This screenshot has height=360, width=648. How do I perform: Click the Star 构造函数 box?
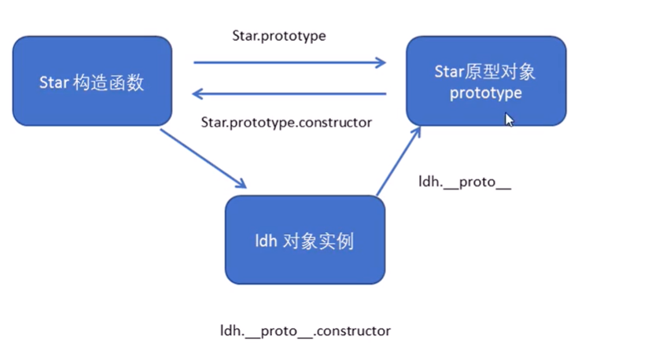92,82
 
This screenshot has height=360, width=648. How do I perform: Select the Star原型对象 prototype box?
485,82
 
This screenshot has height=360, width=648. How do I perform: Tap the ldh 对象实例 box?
304,240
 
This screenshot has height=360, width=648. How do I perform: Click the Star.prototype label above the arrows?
278,36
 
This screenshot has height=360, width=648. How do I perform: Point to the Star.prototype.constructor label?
286,122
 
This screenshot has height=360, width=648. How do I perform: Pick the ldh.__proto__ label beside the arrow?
465,182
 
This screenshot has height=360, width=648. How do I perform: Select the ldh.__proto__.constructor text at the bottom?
305,331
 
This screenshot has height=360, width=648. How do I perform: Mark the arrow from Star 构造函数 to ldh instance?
203,158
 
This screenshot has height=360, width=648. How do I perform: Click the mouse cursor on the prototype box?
509,119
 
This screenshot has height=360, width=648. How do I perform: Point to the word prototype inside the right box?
485,93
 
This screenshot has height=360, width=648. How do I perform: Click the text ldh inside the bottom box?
266,241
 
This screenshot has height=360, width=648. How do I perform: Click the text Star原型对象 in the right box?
485,72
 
